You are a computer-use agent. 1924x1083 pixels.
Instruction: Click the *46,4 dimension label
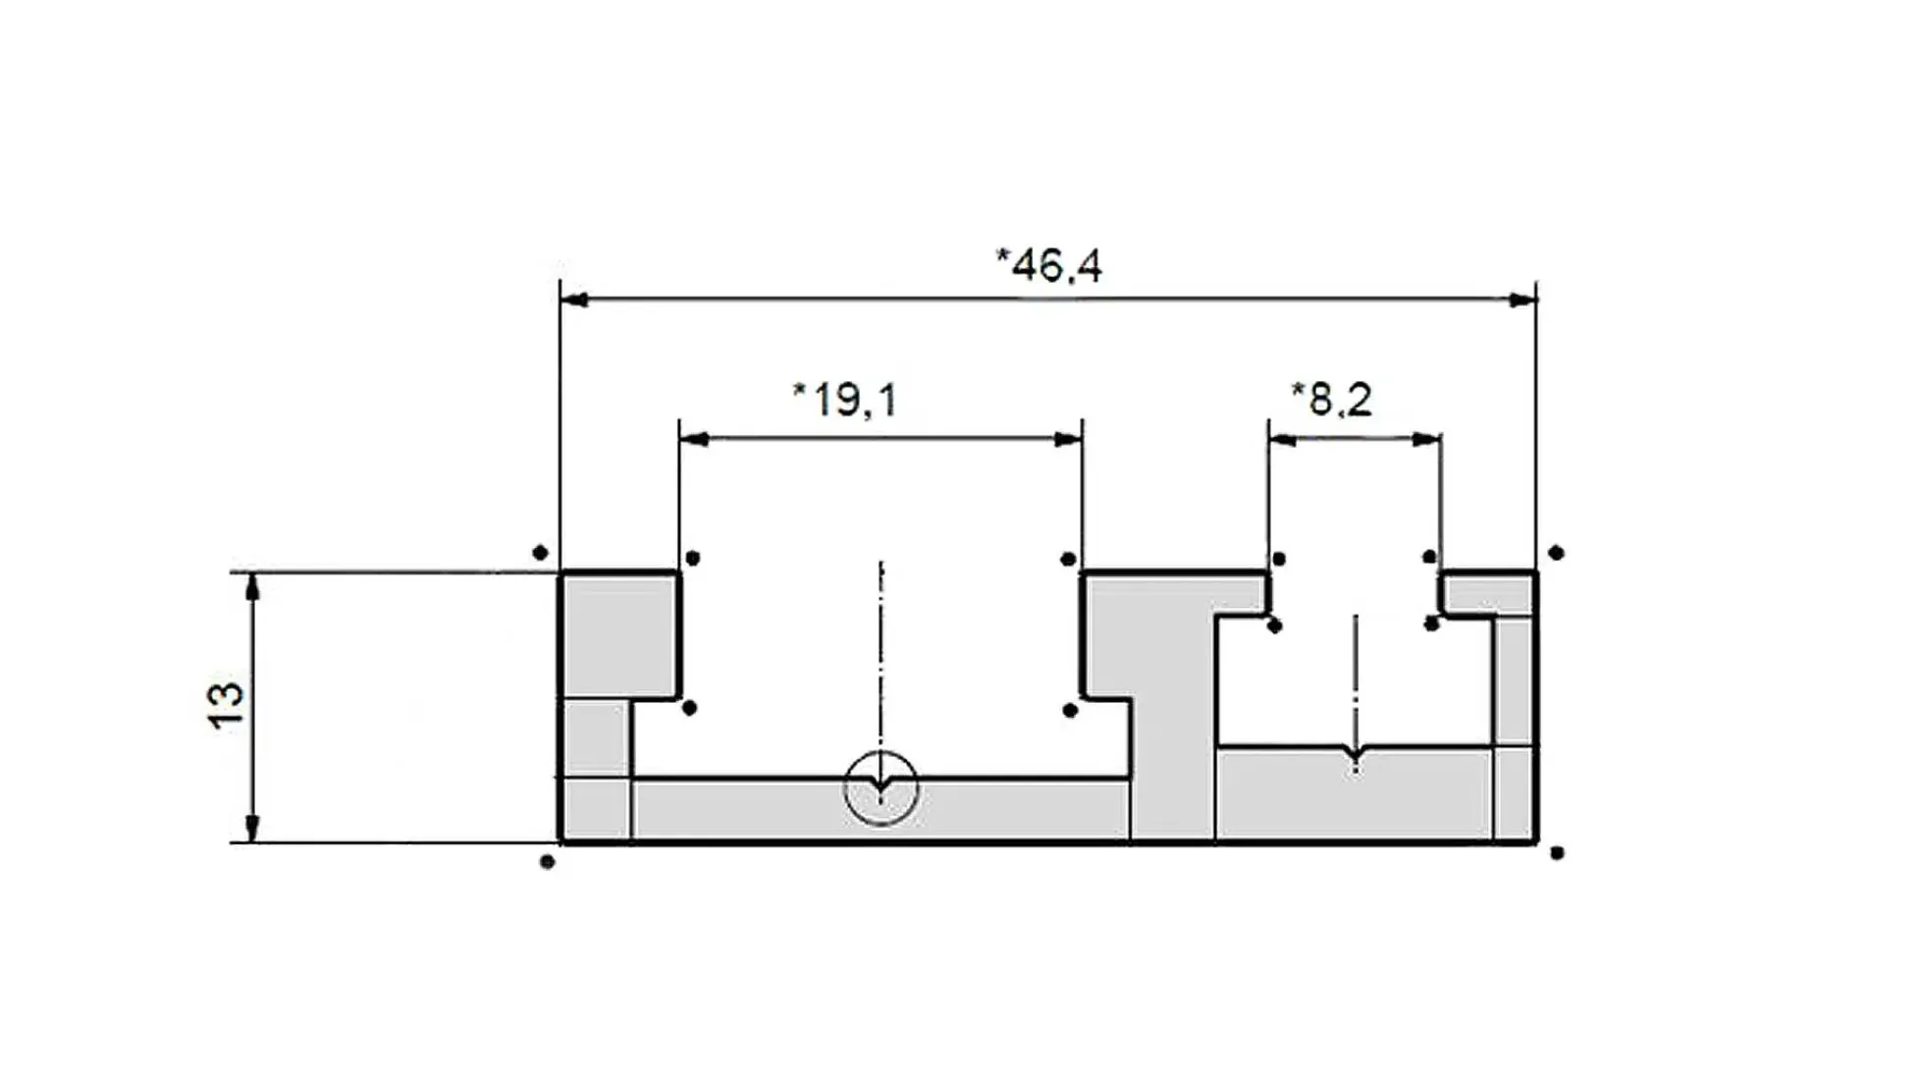(1048, 265)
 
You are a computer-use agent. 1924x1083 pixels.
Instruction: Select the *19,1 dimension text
(844, 400)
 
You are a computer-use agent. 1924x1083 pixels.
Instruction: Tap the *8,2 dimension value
(1331, 400)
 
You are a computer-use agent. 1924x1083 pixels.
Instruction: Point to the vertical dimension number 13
(226, 705)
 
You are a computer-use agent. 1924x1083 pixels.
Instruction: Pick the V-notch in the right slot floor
(1356, 757)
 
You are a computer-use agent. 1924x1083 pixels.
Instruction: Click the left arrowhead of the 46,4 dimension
(574, 299)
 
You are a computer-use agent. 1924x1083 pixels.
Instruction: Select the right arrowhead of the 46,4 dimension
(1523, 299)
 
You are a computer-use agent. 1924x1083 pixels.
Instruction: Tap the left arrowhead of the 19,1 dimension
(694, 439)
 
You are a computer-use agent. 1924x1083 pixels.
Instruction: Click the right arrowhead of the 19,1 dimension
(1068, 439)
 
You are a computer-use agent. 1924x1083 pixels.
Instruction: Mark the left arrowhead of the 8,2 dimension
(1282, 440)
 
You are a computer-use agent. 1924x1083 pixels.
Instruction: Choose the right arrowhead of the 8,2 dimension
(1427, 440)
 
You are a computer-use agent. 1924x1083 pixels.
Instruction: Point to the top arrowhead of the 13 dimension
(253, 586)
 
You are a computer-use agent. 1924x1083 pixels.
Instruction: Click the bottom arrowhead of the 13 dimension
(253, 828)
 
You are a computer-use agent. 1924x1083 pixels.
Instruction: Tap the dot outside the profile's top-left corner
(540, 553)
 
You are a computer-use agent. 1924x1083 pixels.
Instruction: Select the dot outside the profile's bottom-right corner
(1557, 852)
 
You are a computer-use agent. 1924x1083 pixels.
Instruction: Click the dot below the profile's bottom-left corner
(548, 862)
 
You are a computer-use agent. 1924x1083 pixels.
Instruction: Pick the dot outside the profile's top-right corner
(1556, 553)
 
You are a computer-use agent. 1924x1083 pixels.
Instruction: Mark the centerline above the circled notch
(882, 658)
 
